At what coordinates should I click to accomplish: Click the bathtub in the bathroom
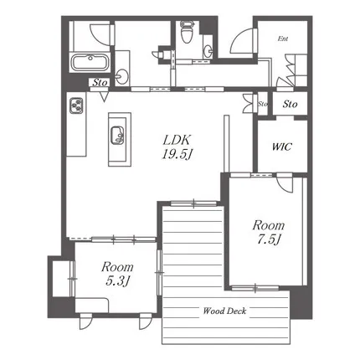point(90,62)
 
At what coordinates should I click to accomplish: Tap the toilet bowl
point(187,33)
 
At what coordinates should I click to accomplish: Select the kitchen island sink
point(117,135)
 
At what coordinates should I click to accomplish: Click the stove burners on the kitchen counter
point(76,105)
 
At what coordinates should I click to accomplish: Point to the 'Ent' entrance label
point(283,39)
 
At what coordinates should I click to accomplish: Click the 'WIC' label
point(282,147)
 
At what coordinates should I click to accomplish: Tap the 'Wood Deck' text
point(224,311)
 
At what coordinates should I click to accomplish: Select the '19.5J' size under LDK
point(177,154)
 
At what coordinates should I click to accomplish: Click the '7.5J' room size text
point(269,239)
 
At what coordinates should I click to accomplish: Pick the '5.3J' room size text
point(117,281)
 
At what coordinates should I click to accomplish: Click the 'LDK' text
point(177,140)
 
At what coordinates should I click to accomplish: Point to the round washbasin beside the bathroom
point(121,76)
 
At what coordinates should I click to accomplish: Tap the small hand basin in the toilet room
point(208,51)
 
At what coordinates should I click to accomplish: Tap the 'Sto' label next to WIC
point(290,104)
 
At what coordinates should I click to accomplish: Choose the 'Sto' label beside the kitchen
point(100,82)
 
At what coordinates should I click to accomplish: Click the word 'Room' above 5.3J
point(117,267)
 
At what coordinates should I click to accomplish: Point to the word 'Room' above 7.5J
point(269,225)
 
